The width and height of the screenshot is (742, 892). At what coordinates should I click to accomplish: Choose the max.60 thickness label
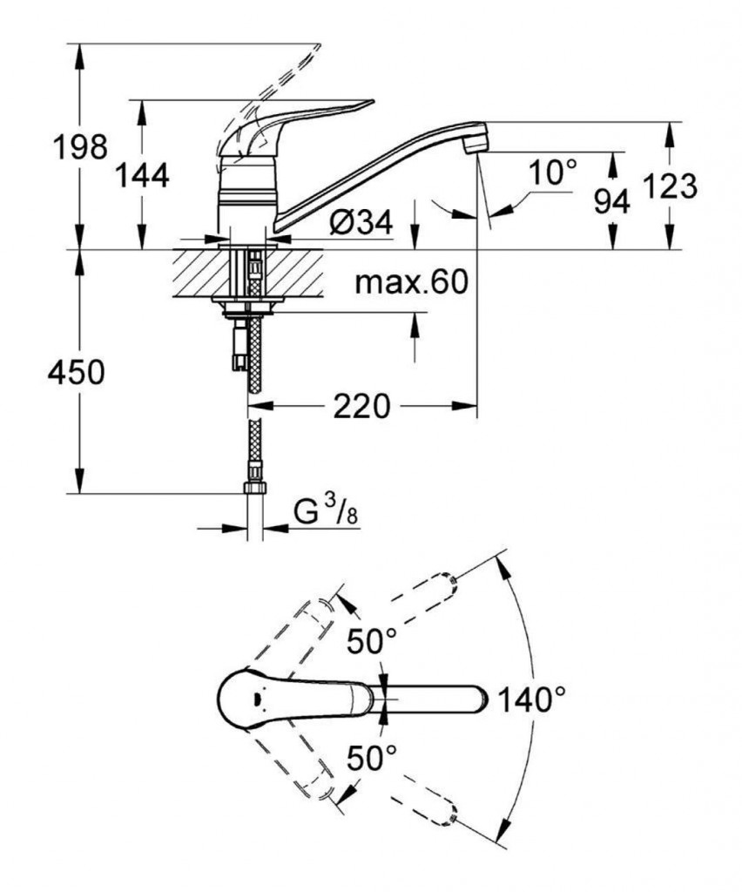pyautogui.click(x=412, y=281)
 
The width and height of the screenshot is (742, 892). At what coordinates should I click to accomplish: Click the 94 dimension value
pyautogui.click(x=611, y=201)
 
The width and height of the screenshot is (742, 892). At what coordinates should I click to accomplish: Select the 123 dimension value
pyautogui.click(x=670, y=186)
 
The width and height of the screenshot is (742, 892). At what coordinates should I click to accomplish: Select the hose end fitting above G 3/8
pyautogui.click(x=255, y=483)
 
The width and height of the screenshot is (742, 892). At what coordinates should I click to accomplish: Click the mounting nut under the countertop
pyautogui.click(x=251, y=305)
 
